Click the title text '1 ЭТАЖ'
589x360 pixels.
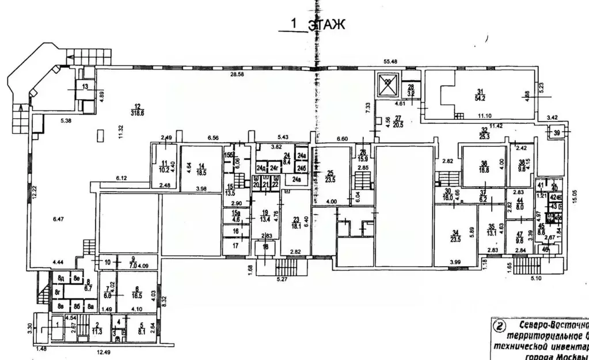point(317,24)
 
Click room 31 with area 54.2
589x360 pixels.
point(478,95)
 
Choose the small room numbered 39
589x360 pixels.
point(556,133)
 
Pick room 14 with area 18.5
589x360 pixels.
point(201,169)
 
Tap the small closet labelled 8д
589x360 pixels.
point(60,279)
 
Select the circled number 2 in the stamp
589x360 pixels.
point(499,327)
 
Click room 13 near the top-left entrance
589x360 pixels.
point(85,87)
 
